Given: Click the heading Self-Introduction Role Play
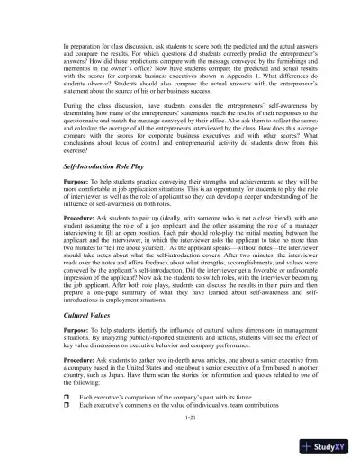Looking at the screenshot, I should tap(89, 192).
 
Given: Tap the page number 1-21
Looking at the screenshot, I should tap(180, 418).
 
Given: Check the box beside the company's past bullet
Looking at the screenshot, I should tap(55, 397).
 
